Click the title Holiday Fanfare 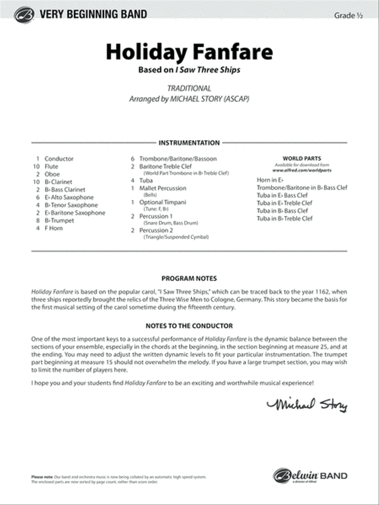189,52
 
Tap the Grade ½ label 348,16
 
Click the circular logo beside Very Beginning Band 24,15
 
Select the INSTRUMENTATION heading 189,143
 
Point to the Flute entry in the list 51,167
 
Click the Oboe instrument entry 52,174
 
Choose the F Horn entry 53,228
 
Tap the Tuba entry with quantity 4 146,181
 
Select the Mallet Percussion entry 163,188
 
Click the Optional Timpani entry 163,202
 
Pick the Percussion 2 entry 156,230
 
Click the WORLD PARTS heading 302,159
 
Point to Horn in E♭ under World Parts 270,180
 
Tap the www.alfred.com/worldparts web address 302,170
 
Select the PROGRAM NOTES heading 189,279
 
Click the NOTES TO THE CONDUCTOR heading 189,326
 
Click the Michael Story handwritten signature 307,404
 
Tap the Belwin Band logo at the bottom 310,476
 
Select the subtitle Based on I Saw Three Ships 189,70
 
